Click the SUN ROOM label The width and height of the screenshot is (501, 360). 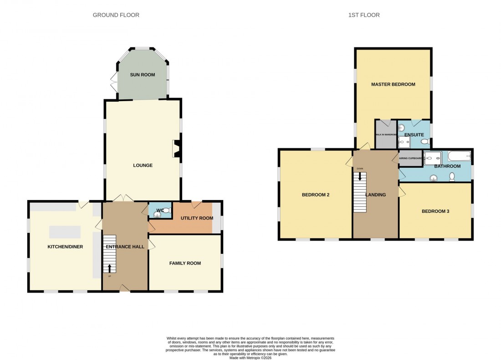click(x=142, y=75)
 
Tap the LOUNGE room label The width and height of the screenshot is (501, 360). click(x=143, y=165)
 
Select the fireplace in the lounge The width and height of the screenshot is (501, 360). click(x=176, y=149)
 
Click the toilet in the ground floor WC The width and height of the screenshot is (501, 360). click(x=166, y=211)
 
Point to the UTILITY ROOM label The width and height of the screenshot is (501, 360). click(x=197, y=218)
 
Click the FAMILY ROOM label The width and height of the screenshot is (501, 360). click(x=185, y=263)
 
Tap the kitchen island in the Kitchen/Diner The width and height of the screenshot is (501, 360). click(x=65, y=232)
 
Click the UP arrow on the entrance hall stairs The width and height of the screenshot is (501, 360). click(x=109, y=267)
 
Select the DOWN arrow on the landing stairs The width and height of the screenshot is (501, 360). click(x=360, y=175)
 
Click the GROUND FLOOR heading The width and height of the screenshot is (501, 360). click(x=116, y=15)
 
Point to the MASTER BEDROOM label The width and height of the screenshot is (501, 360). click(x=393, y=84)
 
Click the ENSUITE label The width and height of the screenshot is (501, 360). click(x=414, y=135)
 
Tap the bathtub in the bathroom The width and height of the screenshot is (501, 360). click(x=459, y=156)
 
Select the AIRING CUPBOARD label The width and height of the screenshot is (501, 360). click(x=410, y=158)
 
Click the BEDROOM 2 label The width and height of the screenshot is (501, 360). click(x=316, y=195)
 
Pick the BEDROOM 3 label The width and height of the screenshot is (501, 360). click(x=435, y=211)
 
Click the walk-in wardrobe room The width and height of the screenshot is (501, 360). click(x=386, y=135)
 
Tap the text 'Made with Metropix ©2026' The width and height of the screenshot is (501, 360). click(x=250, y=358)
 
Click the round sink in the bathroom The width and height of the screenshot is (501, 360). click(x=434, y=178)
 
